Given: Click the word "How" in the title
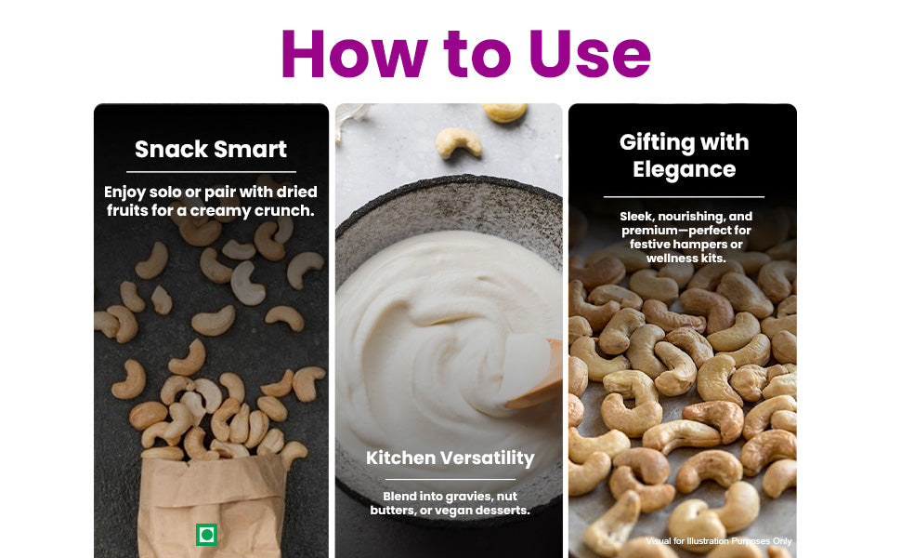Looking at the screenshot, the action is tap(354, 53).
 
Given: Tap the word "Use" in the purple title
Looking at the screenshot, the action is tap(590, 53).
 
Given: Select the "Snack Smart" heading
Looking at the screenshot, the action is tap(211, 149).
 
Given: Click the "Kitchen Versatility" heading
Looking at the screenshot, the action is tap(450, 458).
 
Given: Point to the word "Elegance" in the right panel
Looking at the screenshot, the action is tap(684, 169).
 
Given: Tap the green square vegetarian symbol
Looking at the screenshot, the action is tap(206, 535).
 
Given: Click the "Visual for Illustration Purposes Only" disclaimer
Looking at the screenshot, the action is tap(719, 540).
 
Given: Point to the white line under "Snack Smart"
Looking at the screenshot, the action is tap(211, 171).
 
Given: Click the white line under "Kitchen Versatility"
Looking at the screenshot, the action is tap(450, 479).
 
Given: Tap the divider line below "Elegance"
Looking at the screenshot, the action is tap(684, 197).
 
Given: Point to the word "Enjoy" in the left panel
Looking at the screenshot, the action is tap(124, 193).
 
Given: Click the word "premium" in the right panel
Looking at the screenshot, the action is tap(647, 231).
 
